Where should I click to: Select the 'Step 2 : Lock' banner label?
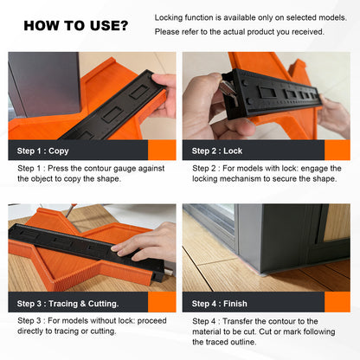point(219,150)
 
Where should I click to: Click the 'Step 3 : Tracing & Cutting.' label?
point(70,303)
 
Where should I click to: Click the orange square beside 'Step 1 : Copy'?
point(163,150)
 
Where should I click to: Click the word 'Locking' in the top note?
point(170,17)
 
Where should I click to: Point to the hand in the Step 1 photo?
point(164,93)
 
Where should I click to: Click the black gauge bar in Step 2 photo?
point(268,87)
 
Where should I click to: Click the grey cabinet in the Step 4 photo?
point(277,238)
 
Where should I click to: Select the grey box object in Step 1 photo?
point(43,87)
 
